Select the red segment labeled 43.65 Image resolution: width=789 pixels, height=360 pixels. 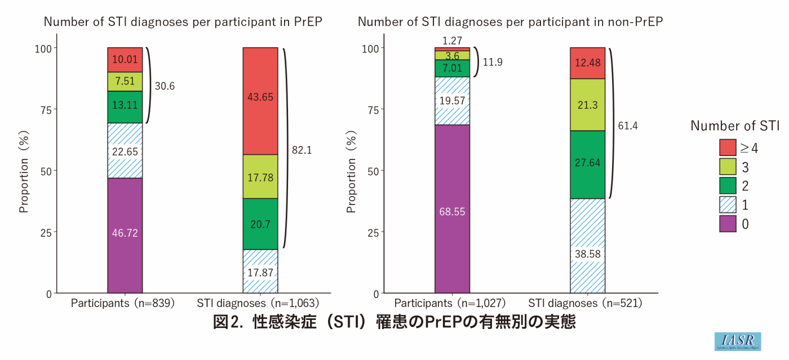pyautogui.click(x=260, y=101)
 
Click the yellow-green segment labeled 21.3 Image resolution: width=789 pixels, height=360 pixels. pyautogui.click(x=587, y=105)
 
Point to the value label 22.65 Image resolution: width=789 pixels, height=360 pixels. pyautogui.click(x=125, y=151)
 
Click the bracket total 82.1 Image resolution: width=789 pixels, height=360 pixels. pyautogui.click(x=302, y=150)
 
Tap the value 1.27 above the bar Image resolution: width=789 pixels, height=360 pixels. pyautogui.click(x=452, y=41)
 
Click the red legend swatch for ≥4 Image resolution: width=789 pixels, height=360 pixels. pyautogui.click(x=728, y=148)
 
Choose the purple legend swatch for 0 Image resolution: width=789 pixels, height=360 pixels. pyautogui.click(x=728, y=224)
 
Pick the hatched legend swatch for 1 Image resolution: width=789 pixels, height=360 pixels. pyautogui.click(x=728, y=205)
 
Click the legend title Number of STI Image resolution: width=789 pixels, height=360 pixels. pyautogui.click(x=735, y=126)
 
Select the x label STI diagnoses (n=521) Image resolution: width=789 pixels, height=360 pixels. pyautogui.click(x=587, y=303)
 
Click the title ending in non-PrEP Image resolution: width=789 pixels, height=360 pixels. pyautogui.click(x=510, y=22)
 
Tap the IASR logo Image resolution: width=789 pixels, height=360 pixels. pyautogui.click(x=737, y=341)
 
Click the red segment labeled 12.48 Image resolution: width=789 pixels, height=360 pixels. pyautogui.click(x=587, y=63)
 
